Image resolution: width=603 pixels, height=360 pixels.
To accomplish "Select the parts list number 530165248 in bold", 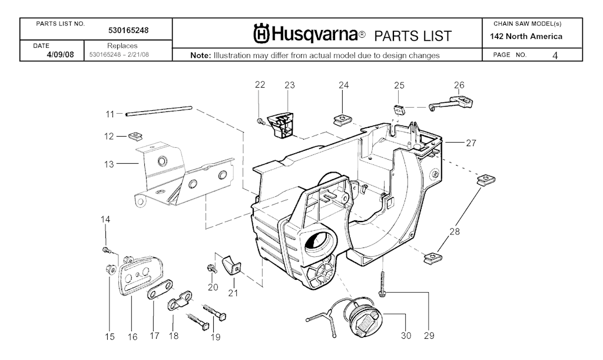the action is [x=128, y=30].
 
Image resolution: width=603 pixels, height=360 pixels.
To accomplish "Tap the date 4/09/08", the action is [x=60, y=54].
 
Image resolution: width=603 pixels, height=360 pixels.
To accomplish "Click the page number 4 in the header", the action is [x=555, y=55].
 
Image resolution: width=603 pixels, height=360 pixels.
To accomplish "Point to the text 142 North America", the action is [x=526, y=37].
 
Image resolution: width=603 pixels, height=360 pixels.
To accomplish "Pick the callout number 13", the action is [x=109, y=164].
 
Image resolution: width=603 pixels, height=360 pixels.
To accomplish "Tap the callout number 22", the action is [x=260, y=85].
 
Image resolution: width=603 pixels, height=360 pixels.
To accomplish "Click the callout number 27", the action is [x=471, y=143].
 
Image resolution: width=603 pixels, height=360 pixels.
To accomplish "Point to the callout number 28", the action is [x=455, y=231].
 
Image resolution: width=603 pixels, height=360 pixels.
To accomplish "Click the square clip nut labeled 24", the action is [x=340, y=120].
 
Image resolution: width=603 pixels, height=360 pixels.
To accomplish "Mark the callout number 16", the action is [x=132, y=337].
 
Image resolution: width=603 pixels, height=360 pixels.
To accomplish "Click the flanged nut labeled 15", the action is [x=110, y=269].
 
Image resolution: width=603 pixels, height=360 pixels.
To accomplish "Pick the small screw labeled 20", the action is [x=211, y=269].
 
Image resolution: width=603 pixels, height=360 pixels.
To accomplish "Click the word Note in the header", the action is [x=200, y=55].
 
